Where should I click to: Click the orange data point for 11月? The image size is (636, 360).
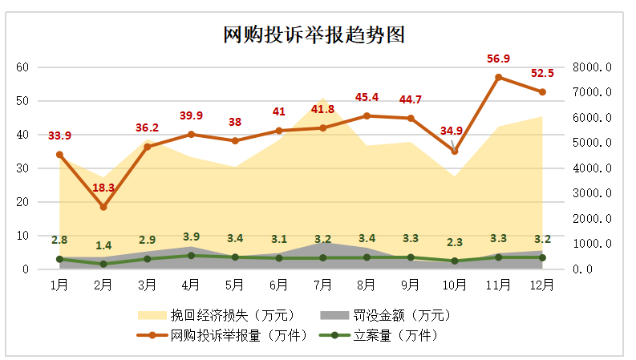pos(498,77)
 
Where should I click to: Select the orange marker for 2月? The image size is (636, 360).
pos(103,207)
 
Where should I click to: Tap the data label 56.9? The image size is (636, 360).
pos(498,59)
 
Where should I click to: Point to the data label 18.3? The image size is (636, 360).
pos(103,188)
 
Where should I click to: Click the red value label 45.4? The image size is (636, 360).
pos(367,98)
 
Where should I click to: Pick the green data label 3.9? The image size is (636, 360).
pos(191,237)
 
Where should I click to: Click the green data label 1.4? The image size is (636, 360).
pos(103,245)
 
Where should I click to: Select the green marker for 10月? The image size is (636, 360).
pos(455,261)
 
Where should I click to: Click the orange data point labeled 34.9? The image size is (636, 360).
pos(455,151)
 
